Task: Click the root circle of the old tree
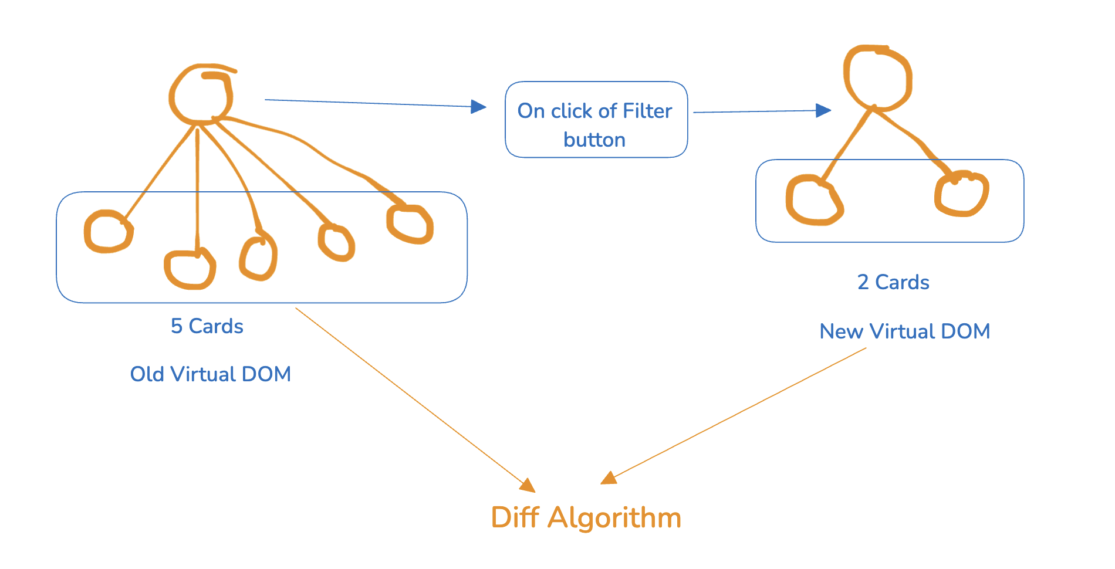(x=201, y=95)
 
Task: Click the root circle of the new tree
(x=877, y=77)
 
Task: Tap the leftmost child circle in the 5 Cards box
(x=109, y=232)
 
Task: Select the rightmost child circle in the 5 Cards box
(x=410, y=223)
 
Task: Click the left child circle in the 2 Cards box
(x=814, y=200)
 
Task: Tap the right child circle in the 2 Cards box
(x=961, y=194)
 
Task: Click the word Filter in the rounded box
(x=647, y=111)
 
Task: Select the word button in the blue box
(x=594, y=140)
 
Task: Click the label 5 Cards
(x=207, y=326)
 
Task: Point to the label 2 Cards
(x=893, y=282)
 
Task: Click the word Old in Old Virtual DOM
(x=147, y=374)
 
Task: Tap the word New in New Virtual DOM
(x=841, y=331)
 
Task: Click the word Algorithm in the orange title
(x=614, y=518)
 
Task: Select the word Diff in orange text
(x=515, y=518)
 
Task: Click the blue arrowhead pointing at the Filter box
(x=479, y=107)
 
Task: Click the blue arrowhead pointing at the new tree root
(x=823, y=110)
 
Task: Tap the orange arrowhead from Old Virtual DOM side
(x=528, y=485)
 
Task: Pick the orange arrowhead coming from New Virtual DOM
(x=609, y=479)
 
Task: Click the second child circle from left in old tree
(x=190, y=269)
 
